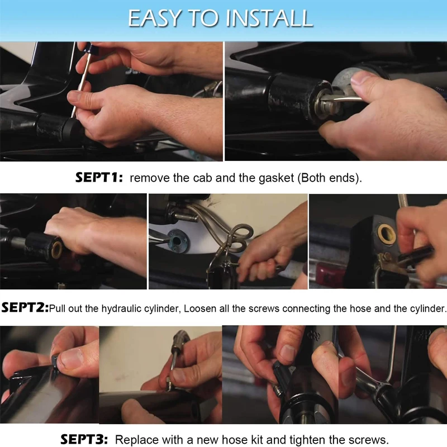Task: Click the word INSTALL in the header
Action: coord(269,18)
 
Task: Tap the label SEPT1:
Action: coord(99,178)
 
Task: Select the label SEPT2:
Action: coord(25,308)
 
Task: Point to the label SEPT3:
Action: coord(84,439)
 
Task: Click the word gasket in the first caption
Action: coord(276,178)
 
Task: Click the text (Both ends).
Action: coord(330,178)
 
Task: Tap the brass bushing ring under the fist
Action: coord(57,250)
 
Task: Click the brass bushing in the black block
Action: coord(387,234)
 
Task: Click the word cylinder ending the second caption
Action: coord(427,309)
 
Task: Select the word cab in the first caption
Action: coord(202,178)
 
